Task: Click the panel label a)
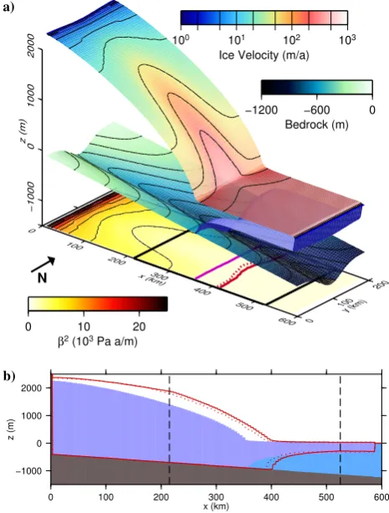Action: click(x=8, y=7)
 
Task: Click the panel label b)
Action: click(x=9, y=377)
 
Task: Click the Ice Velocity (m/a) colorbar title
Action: click(x=264, y=55)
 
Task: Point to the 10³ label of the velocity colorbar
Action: click(x=347, y=40)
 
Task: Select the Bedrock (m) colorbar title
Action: click(x=317, y=125)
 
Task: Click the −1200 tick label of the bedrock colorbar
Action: click(x=261, y=110)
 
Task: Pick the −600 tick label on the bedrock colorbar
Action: click(x=316, y=110)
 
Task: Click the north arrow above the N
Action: click(x=43, y=264)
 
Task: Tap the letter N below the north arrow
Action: click(x=42, y=278)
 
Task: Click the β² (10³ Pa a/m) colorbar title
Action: click(x=98, y=341)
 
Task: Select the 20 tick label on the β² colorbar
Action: click(x=139, y=326)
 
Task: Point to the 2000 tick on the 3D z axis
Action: click(x=32, y=45)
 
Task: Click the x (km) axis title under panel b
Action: click(x=216, y=507)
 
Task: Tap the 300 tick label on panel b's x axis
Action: click(x=216, y=497)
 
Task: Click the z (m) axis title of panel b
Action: click(x=12, y=429)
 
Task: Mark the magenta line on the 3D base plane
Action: click(x=218, y=267)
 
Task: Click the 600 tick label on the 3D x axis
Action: click(x=289, y=321)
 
